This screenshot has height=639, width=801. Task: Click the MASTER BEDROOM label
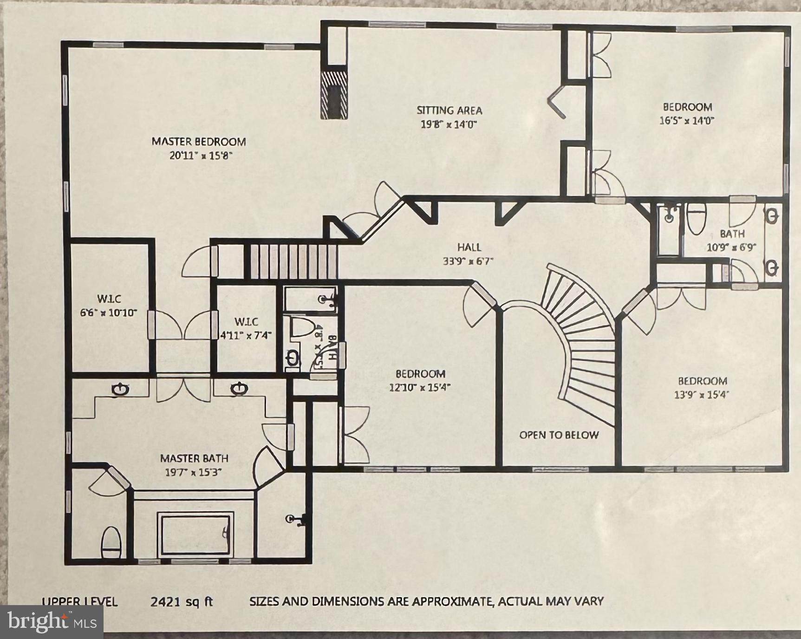[199, 142]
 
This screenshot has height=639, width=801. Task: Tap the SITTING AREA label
[449, 111]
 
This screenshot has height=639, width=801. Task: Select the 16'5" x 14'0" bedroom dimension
[686, 121]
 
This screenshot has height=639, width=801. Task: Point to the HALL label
[469, 247]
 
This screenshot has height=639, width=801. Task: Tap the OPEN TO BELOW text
[559, 435]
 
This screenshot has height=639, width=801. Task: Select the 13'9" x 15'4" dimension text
[701, 395]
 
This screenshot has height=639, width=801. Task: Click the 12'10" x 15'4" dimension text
[420, 387]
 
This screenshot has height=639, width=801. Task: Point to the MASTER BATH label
[194, 458]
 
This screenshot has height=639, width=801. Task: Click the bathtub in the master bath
[195, 534]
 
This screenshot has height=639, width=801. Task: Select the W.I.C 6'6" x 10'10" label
[109, 306]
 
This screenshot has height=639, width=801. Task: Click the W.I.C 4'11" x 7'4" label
[246, 328]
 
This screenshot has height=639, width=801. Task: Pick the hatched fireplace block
[334, 95]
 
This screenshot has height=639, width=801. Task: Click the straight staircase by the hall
[291, 261]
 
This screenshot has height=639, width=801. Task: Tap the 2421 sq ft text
[182, 602]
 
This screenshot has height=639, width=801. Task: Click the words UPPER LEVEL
[79, 602]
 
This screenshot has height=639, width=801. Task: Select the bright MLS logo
[52, 621]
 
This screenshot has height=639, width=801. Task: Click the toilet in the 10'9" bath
[696, 219]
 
